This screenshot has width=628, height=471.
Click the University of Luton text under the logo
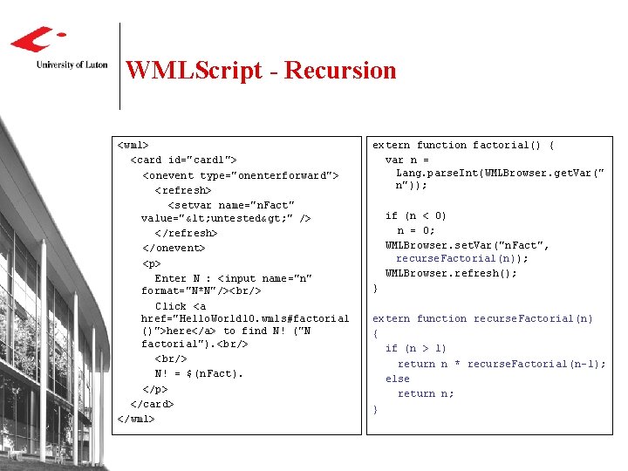tap(72, 65)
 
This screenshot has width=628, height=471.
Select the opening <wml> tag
tap(133, 145)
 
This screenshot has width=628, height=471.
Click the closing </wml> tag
tap(136, 419)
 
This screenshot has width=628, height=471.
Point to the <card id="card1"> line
tap(183, 160)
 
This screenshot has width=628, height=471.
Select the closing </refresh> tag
tap(186, 233)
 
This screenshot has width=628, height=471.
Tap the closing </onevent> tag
tap(174, 248)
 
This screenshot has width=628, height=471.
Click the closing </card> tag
tap(152, 404)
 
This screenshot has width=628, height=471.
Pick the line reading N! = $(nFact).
tap(199, 373)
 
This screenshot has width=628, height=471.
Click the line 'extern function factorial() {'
tap(463, 145)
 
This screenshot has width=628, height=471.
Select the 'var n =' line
tap(407, 160)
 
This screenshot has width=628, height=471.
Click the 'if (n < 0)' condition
tap(416, 215)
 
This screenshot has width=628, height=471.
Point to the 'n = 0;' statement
tap(416, 230)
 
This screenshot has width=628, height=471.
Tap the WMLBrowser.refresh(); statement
tap(451, 273)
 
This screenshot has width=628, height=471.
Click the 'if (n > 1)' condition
tap(416, 348)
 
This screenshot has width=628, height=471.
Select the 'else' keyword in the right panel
tap(398, 379)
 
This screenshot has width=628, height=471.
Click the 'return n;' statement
tap(426, 393)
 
